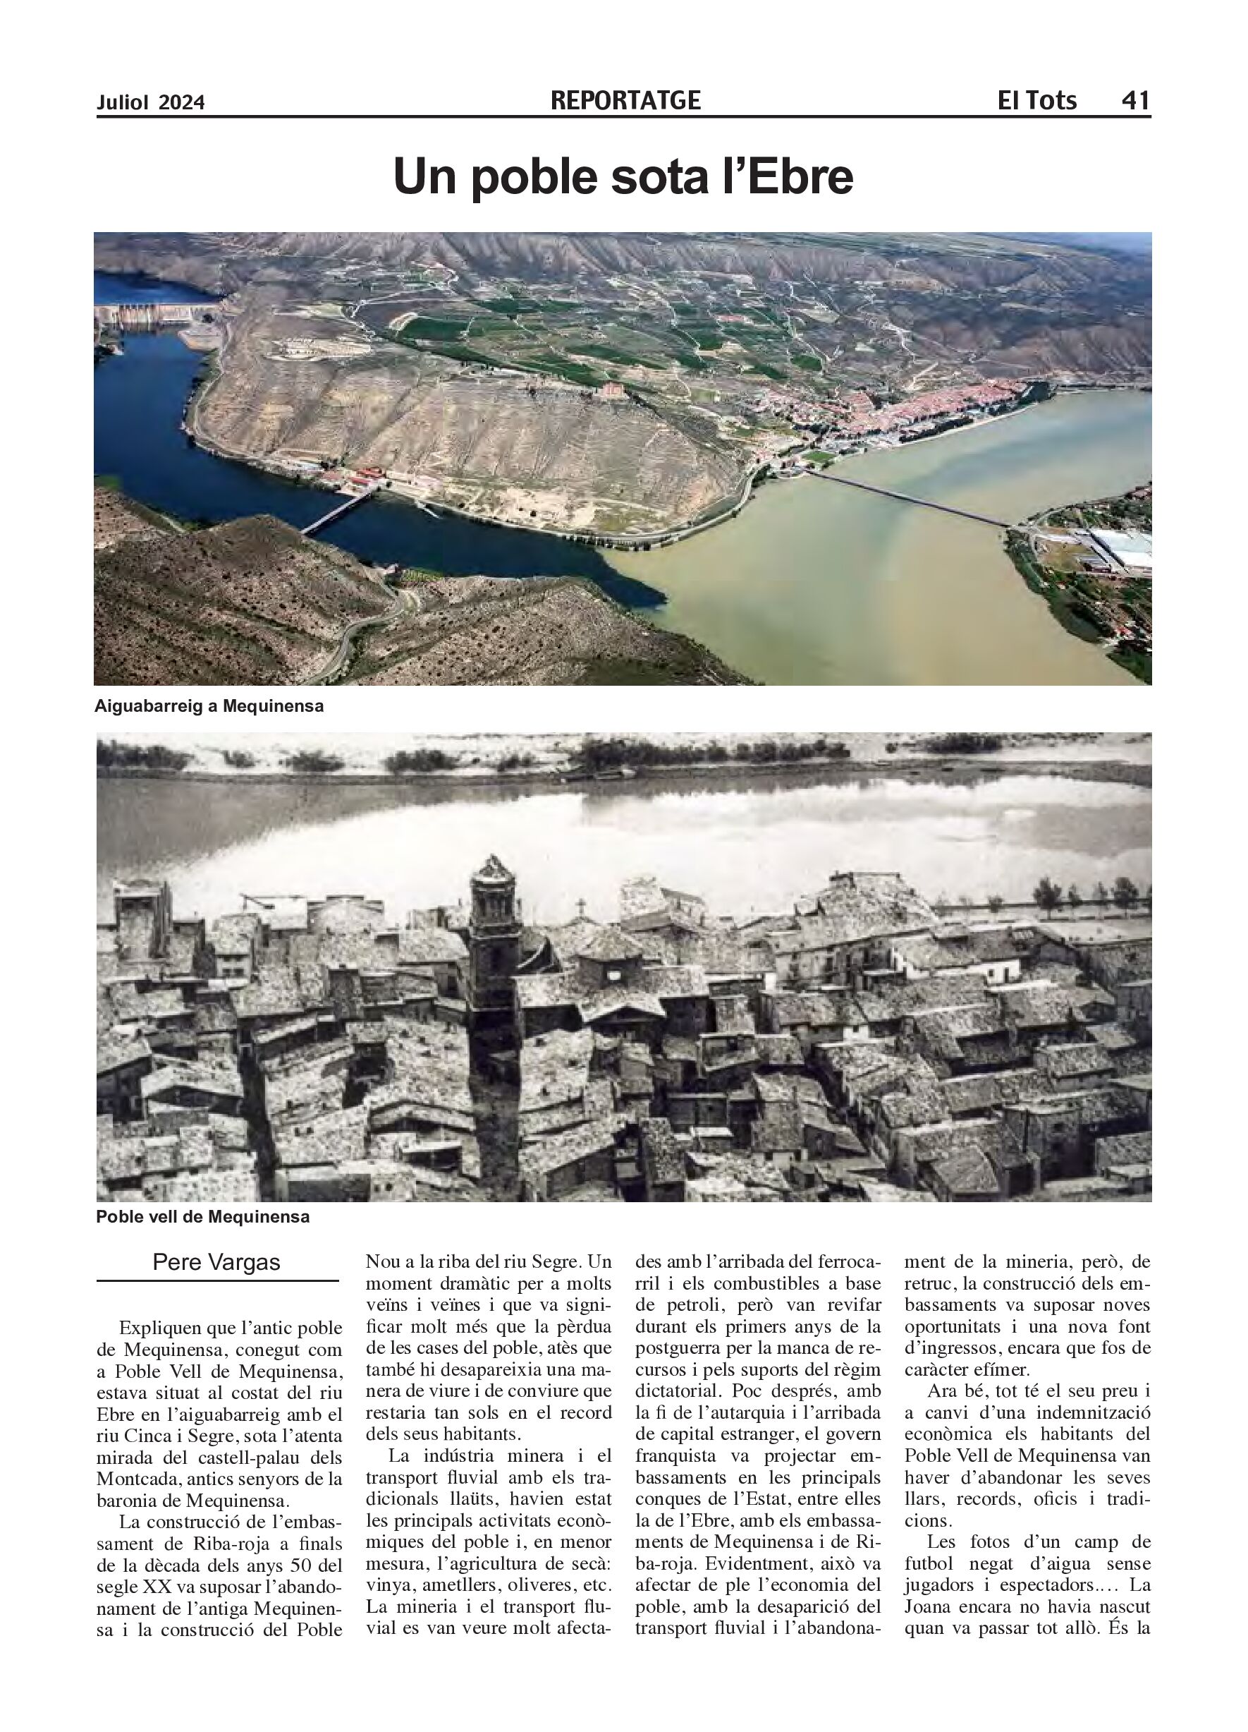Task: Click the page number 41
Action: point(1135,101)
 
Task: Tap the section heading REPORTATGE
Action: point(625,101)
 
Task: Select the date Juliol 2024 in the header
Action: point(150,102)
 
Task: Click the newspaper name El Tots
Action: point(1036,101)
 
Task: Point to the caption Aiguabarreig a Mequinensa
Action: point(209,706)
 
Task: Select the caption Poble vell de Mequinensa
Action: point(202,1217)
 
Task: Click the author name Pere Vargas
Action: point(216,1262)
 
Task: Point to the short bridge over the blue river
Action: point(336,511)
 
